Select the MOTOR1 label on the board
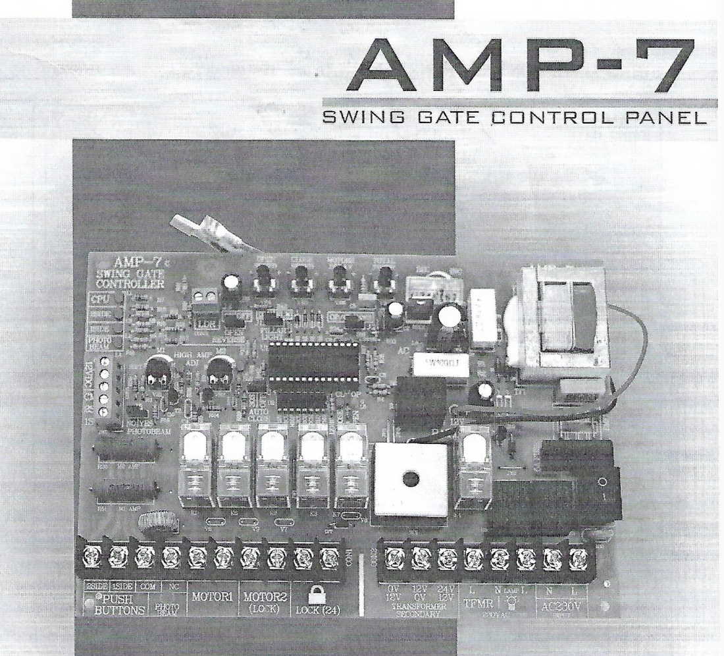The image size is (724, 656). point(211,597)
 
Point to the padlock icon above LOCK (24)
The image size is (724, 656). point(317,593)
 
